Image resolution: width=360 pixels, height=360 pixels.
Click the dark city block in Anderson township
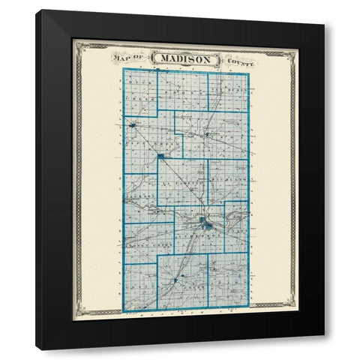(x=203, y=222)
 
